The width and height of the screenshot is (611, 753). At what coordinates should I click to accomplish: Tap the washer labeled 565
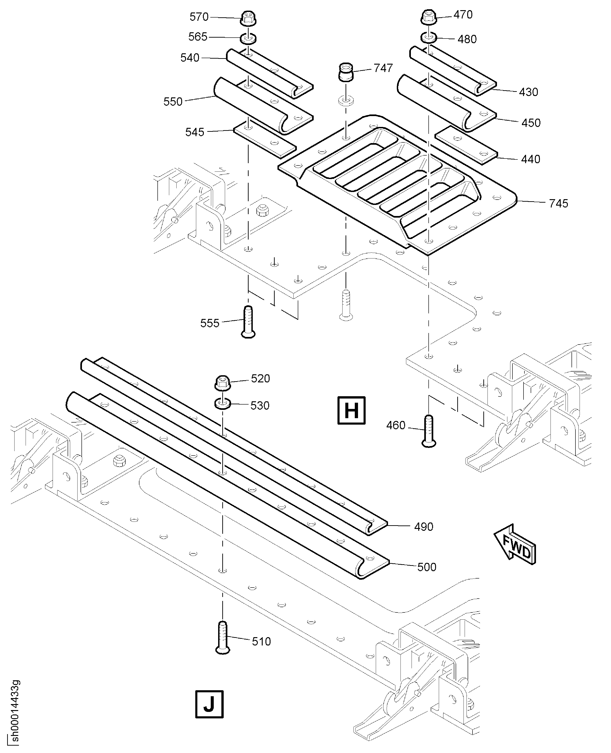[248, 38]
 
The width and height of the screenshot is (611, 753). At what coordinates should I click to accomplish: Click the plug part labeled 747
[346, 72]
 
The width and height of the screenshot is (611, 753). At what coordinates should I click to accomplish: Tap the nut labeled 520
[223, 383]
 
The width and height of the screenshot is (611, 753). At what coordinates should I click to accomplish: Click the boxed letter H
[351, 410]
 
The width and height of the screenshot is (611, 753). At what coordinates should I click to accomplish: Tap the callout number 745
[559, 203]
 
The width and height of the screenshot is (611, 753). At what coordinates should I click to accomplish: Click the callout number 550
[173, 102]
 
